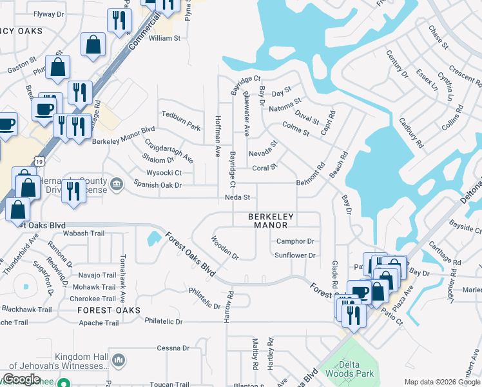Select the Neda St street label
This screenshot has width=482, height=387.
pyautogui.click(x=236, y=197)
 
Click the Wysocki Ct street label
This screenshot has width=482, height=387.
pyautogui.click(x=155, y=173)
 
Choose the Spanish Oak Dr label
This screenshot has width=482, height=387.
pyautogui.click(x=157, y=185)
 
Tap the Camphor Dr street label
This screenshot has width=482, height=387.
pyautogui.click(x=294, y=241)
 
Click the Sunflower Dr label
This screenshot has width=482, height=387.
pyautogui.click(x=295, y=255)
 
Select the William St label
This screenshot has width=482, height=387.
pyautogui.click(x=164, y=39)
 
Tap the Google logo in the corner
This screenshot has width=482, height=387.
pyautogui.click(x=21, y=379)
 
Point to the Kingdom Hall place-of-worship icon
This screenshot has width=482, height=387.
pyautogui.click(x=117, y=359)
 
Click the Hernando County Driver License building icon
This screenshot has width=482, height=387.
pyautogui.click(x=116, y=185)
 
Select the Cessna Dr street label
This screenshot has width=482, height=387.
pyautogui.click(x=171, y=348)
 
